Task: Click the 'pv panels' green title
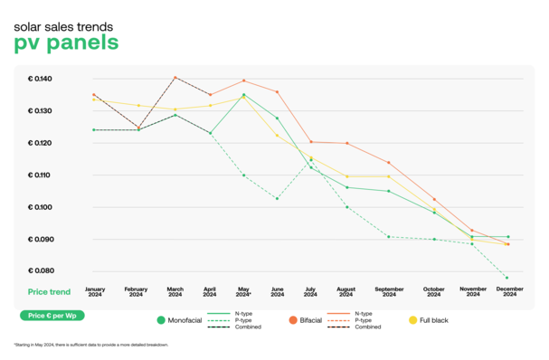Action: pos(66,43)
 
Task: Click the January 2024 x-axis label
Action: pos(95,292)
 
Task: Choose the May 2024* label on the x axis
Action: pos(243,292)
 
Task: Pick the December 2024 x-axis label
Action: pos(507,292)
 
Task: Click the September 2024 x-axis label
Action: pos(389,292)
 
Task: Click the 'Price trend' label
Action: pos(49,292)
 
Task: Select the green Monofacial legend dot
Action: pos(161,320)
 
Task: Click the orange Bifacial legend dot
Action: pos(294,320)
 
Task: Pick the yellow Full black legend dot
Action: pos(413,320)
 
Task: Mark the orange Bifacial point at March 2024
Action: pos(175,78)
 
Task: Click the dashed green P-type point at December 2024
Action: pos(506,278)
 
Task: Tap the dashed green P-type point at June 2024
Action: pos(277,199)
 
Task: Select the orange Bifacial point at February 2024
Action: pos(137,128)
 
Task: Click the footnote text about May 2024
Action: pos(90,345)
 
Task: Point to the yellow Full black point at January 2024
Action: pos(94,100)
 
